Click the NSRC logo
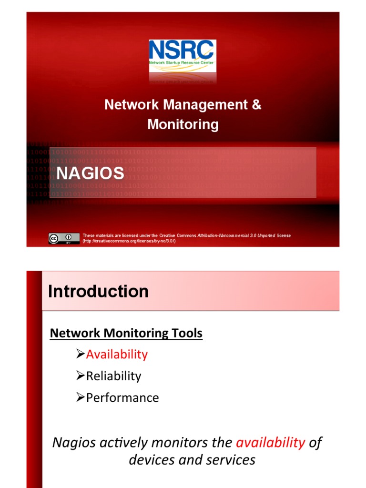(183, 56)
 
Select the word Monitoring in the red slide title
(183, 124)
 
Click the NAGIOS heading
(91, 173)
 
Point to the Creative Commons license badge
(63, 238)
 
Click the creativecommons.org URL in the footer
(129, 241)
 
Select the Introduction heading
(99, 291)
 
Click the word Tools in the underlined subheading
(187, 333)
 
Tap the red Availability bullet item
(117, 354)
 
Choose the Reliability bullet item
(113, 376)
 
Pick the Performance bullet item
(122, 397)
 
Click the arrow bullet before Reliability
(81, 376)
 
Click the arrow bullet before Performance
(81, 397)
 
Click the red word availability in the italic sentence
(270, 443)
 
